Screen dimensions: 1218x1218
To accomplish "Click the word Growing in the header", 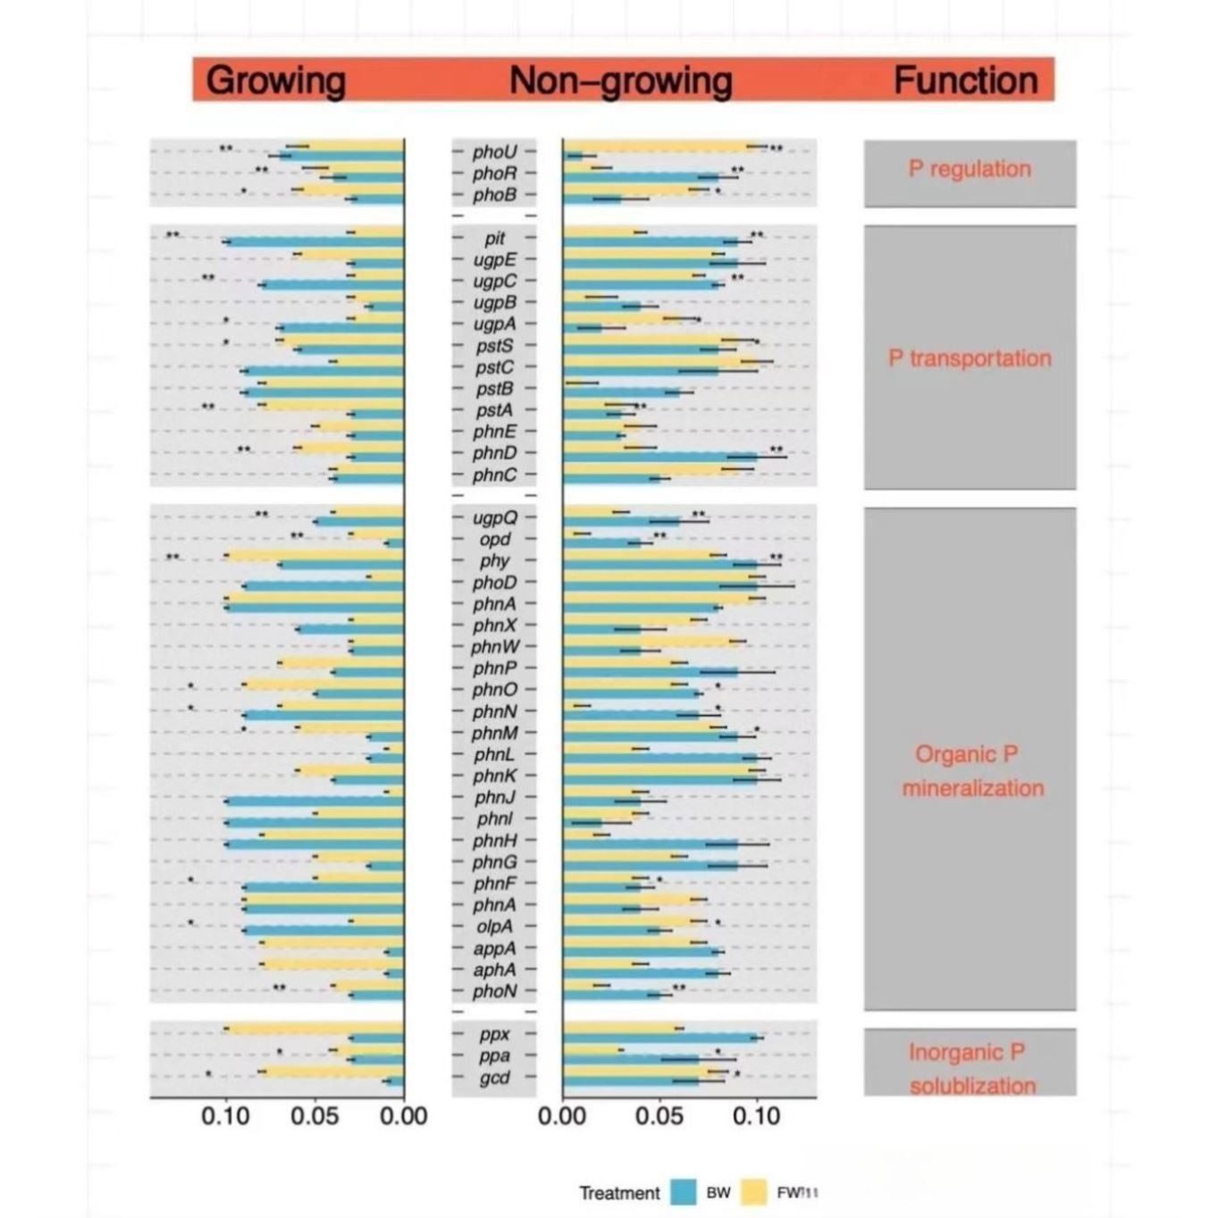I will point(275,80).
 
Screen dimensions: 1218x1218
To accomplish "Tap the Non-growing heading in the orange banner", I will point(620,80).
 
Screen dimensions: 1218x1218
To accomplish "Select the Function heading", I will point(965,80).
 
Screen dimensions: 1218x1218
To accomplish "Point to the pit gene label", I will point(495,239).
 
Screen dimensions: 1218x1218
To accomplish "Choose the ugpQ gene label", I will point(495,517).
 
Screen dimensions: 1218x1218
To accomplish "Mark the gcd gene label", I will point(495,1078).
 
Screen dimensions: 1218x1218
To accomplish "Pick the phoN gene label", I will point(495,991).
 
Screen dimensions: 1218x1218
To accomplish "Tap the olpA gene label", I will point(495,927).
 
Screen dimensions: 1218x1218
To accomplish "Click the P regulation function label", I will point(970,169).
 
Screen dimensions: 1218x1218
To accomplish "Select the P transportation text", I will point(970,358).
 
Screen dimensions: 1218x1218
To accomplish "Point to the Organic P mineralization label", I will point(971,771).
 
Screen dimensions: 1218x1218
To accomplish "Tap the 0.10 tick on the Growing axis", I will point(225,1116).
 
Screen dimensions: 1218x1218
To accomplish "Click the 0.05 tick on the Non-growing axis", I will point(659,1116).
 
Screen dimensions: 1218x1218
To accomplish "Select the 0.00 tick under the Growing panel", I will point(404,1116).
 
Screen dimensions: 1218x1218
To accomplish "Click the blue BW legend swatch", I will point(684,1192).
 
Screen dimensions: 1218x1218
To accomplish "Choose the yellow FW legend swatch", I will point(756,1192).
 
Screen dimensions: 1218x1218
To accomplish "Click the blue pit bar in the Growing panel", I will point(313,242).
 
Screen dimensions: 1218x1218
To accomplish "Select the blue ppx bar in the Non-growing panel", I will point(661,1038).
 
